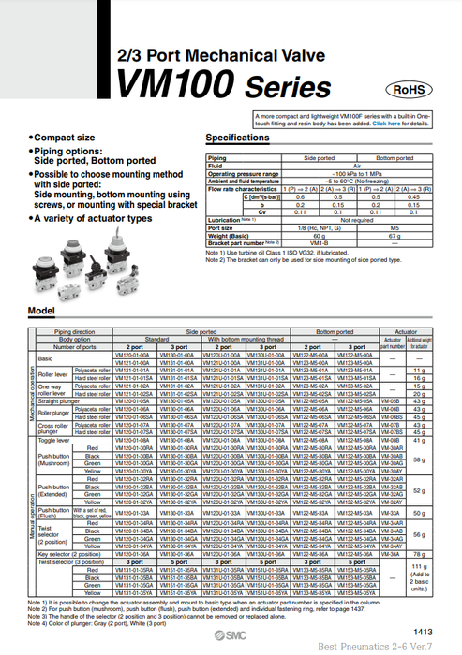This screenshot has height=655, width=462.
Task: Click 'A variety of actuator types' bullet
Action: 92,217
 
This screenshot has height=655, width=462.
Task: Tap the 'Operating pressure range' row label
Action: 244,173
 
